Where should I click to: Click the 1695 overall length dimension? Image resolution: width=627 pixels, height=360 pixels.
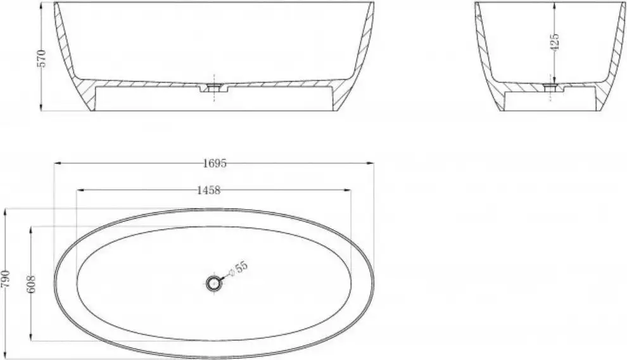tap(215, 163)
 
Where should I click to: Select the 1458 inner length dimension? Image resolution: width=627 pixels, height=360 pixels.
tap(209, 190)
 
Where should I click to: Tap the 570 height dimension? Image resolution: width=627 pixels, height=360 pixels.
tap(42, 58)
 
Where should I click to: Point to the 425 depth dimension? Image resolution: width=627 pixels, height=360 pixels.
tap(554, 42)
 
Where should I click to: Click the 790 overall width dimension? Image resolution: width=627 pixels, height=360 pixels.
tap(6, 280)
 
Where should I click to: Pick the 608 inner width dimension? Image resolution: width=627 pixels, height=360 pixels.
tap(32, 284)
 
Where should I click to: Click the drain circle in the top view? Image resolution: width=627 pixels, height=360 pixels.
tap(213, 284)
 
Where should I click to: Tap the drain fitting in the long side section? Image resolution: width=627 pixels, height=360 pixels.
tap(215, 87)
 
